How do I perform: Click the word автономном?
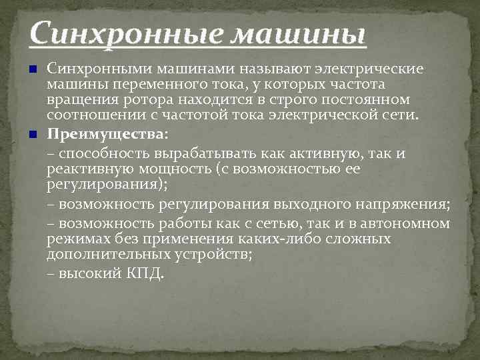pyautogui.click(x=405, y=223)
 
